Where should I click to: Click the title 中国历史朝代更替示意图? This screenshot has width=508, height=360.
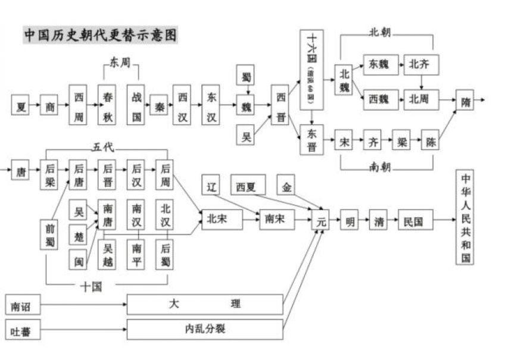click(x=100, y=35)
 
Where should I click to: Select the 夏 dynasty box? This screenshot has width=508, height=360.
click(x=21, y=107)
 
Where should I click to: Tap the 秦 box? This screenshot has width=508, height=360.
click(x=157, y=104)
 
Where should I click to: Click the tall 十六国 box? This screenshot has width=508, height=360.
click(x=311, y=70)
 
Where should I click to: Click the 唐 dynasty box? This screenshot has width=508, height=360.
click(x=21, y=173)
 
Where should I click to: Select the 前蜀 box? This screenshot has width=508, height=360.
click(x=50, y=236)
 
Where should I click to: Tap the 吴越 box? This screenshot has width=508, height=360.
click(x=108, y=254)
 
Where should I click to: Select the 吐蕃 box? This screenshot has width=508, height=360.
click(x=23, y=329)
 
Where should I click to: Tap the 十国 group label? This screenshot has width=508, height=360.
click(x=91, y=286)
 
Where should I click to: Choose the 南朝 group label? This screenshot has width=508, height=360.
click(x=379, y=167)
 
